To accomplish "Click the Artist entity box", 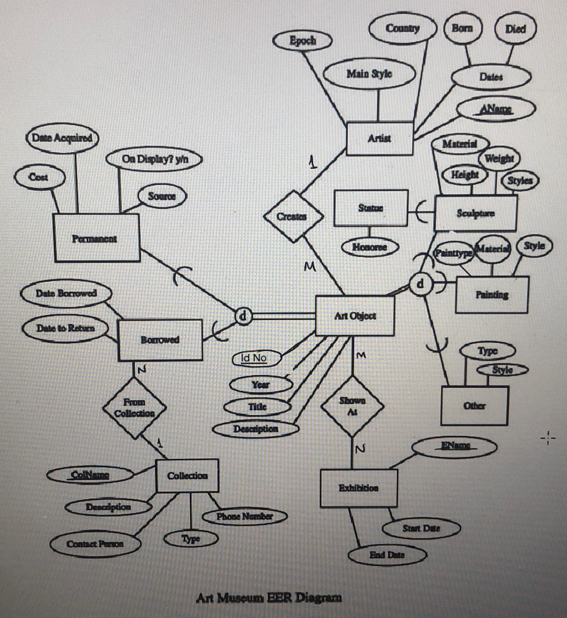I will click(x=379, y=139).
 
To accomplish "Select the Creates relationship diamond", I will click(x=293, y=216).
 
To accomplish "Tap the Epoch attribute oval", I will click(x=303, y=41).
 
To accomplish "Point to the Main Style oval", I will click(x=369, y=74).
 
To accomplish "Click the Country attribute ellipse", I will click(x=402, y=28).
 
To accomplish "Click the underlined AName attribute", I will click(x=496, y=109).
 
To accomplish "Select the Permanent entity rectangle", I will click(x=96, y=238).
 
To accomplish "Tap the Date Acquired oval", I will click(x=62, y=138).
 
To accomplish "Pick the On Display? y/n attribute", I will click(x=155, y=159).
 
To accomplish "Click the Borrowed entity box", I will click(x=160, y=340).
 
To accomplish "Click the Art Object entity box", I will click(x=355, y=316).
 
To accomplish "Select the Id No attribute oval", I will click(x=256, y=358).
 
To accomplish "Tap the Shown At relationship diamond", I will click(x=352, y=406).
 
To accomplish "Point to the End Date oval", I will click(x=387, y=555).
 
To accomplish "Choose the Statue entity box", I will click(x=371, y=208).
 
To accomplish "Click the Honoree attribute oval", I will click(x=370, y=247).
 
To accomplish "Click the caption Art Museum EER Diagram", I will click(x=269, y=597).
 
